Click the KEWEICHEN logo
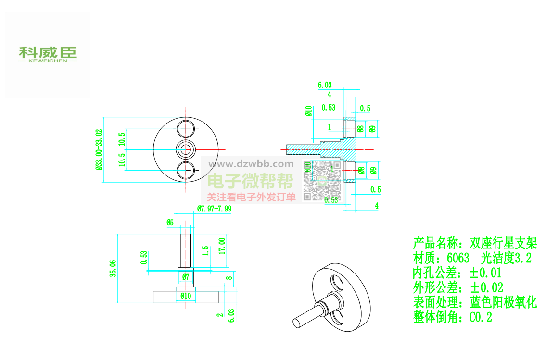click(x=48, y=54)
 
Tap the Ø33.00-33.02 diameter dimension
click(x=99, y=149)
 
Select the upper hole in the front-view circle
click(x=186, y=128)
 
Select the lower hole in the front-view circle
click(x=186, y=170)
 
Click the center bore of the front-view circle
click(x=186, y=149)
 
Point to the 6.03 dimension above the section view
click(x=325, y=85)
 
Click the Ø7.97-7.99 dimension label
click(x=214, y=209)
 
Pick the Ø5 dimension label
click(x=170, y=223)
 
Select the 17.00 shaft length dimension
click(x=222, y=247)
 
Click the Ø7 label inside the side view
click(x=186, y=277)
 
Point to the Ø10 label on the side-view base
click(x=186, y=296)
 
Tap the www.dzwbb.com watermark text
click(x=250, y=164)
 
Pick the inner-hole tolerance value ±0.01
click(x=486, y=273)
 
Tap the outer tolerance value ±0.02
click(x=487, y=288)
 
